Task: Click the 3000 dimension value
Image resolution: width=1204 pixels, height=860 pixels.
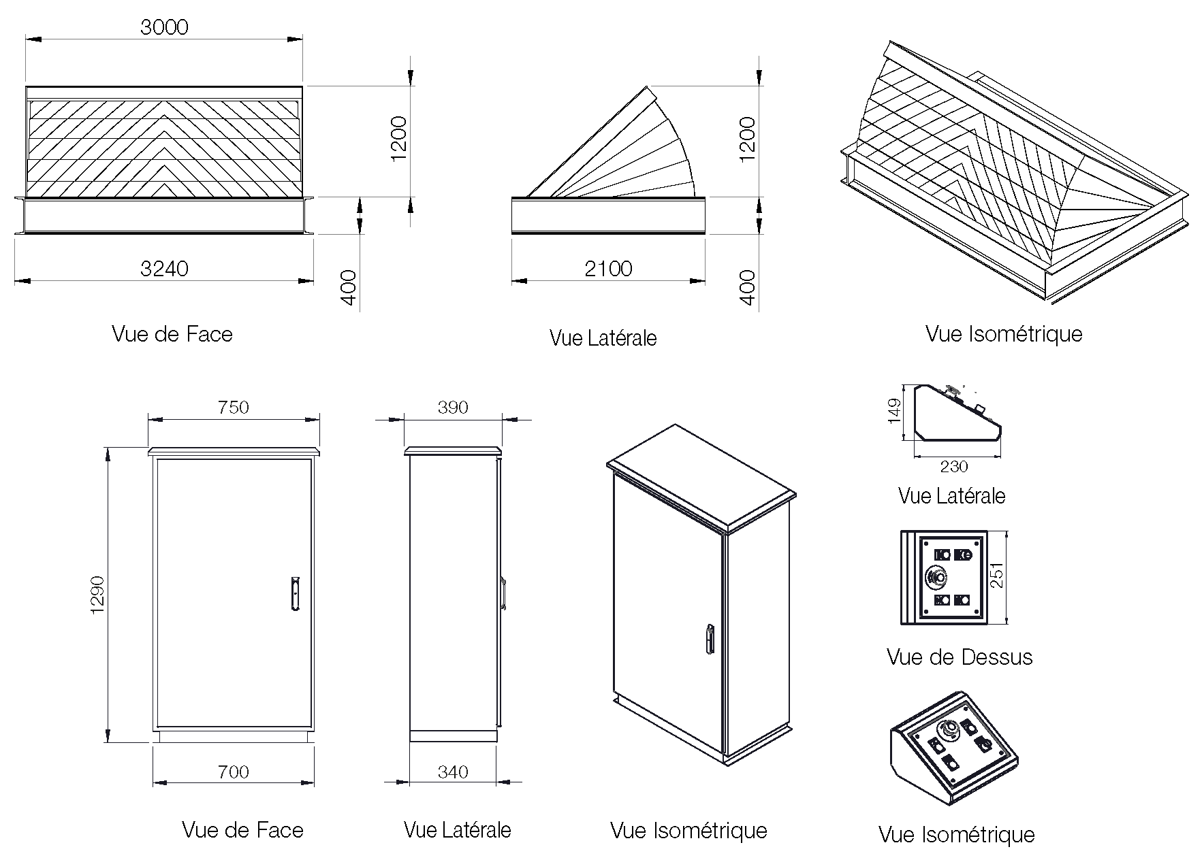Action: (164, 27)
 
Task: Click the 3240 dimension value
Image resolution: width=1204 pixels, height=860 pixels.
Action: (164, 269)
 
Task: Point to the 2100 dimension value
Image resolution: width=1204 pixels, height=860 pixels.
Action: (608, 269)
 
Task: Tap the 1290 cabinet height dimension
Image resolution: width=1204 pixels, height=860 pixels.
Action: (97, 595)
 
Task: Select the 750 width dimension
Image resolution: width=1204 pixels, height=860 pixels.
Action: (234, 407)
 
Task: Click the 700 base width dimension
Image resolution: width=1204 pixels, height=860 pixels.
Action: (234, 772)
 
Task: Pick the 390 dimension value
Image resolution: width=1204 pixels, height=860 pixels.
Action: (453, 407)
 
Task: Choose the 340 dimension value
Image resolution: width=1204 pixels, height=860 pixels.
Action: (453, 772)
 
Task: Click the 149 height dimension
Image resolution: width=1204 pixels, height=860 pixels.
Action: (895, 410)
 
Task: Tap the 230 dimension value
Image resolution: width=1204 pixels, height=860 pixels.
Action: (953, 466)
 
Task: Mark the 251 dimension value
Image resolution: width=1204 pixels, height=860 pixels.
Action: (997, 575)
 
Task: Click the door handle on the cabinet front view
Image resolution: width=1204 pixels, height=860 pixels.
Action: (294, 593)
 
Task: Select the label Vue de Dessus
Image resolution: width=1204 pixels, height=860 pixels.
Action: (959, 657)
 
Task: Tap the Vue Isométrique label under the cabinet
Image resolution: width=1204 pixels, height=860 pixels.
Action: (688, 830)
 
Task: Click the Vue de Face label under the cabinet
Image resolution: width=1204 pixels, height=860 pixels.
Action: (242, 830)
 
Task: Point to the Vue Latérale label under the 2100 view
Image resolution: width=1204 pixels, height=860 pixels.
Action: (603, 338)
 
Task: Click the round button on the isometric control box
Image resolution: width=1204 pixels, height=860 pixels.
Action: (947, 731)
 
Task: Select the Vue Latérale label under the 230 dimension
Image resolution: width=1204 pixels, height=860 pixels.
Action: (951, 495)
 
